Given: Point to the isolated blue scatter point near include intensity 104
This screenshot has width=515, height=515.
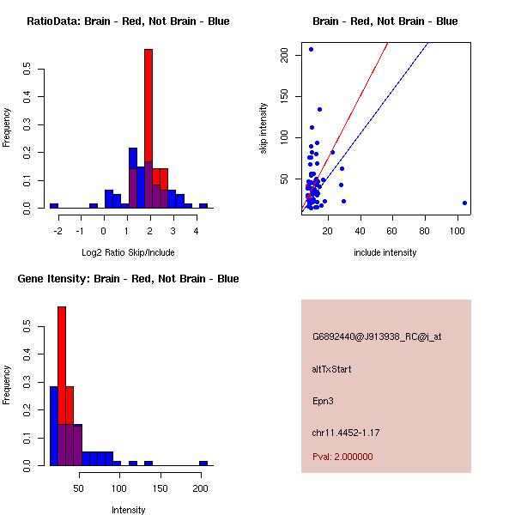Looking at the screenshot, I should point(464,203).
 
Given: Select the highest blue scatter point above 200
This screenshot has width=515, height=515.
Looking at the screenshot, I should point(311,49).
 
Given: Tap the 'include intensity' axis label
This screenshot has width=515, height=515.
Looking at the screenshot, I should point(385,252).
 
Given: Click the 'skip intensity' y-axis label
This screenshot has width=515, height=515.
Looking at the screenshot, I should point(264,129).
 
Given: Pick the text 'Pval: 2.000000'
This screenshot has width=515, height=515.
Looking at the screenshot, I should point(342,457).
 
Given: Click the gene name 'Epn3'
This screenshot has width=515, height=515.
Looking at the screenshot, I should point(323,400).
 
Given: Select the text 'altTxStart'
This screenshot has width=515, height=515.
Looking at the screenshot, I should point(332,369).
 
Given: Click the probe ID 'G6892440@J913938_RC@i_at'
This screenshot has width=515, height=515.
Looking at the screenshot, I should point(377,337).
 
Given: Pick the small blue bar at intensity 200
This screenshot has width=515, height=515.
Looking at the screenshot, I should point(203,463).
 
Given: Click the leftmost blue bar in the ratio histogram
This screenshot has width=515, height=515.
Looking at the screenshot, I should point(54,206).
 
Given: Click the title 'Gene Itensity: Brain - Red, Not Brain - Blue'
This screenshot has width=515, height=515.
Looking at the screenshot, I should point(128,279).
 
